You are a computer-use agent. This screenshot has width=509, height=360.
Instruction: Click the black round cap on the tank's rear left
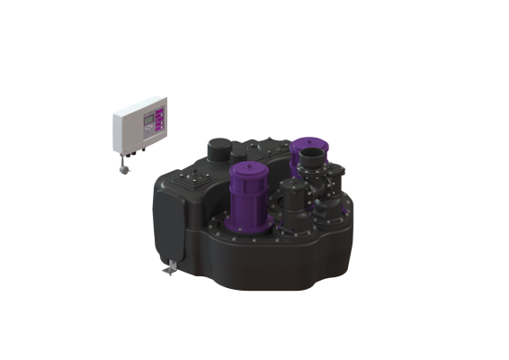click(219, 147)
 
